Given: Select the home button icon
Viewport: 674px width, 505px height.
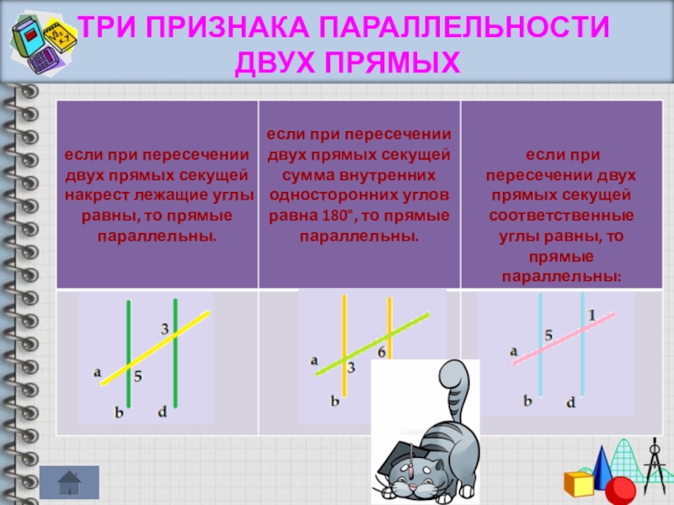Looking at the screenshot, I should [x=69, y=482].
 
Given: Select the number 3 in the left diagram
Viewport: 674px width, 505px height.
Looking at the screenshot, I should [x=164, y=327].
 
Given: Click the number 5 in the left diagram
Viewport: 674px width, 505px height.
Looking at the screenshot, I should [x=138, y=375].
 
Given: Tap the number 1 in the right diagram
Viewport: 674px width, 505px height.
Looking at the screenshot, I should [x=592, y=315].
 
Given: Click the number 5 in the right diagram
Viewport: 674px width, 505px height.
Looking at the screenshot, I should [x=548, y=336].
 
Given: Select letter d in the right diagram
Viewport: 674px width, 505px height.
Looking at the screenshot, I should [x=570, y=403].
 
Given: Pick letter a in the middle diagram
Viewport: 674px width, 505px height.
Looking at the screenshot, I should [x=314, y=359].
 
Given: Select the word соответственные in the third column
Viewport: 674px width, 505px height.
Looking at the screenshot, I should [x=563, y=215].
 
